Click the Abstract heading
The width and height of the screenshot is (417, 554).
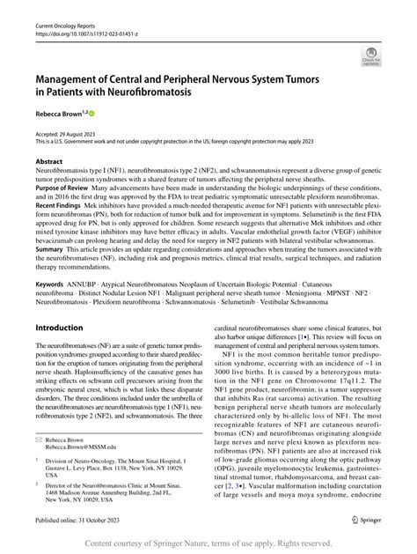pos(49,162)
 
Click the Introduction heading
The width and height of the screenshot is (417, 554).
pos(59,327)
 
